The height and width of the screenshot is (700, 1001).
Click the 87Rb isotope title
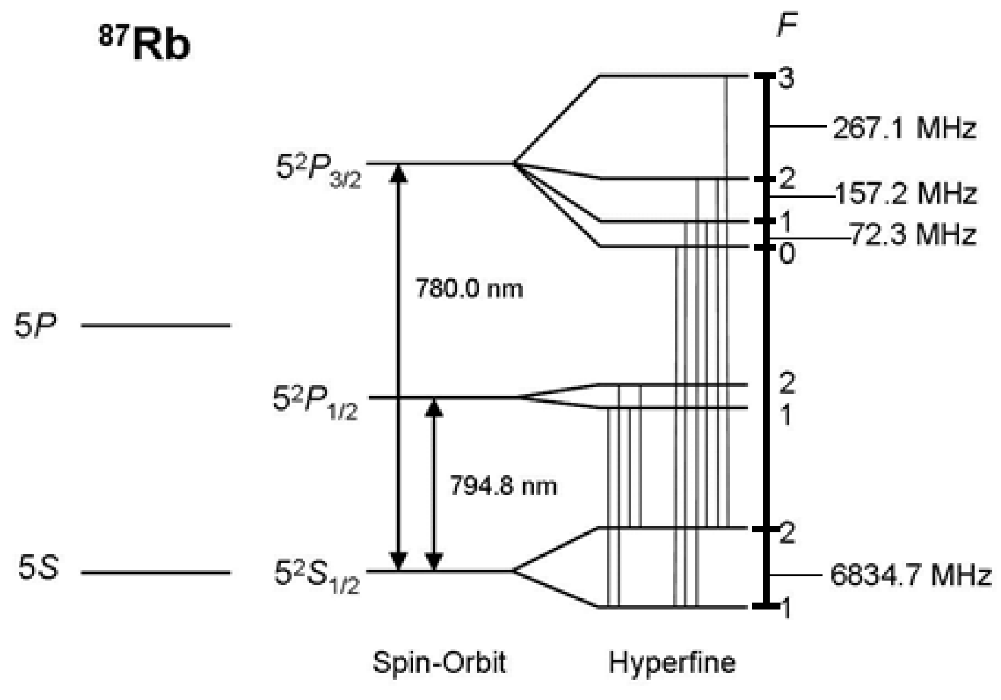[x=144, y=44]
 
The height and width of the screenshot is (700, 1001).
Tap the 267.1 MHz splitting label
[x=904, y=128]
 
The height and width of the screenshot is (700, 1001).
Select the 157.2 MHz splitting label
[x=905, y=194]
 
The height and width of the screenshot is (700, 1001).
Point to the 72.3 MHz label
[x=912, y=234]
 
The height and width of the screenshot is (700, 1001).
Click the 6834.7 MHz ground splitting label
[x=911, y=575]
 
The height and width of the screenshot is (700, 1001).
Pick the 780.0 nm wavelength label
[x=469, y=288]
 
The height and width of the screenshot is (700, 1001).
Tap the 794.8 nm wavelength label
[x=503, y=486]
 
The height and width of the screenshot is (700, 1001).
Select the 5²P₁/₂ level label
[x=315, y=403]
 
